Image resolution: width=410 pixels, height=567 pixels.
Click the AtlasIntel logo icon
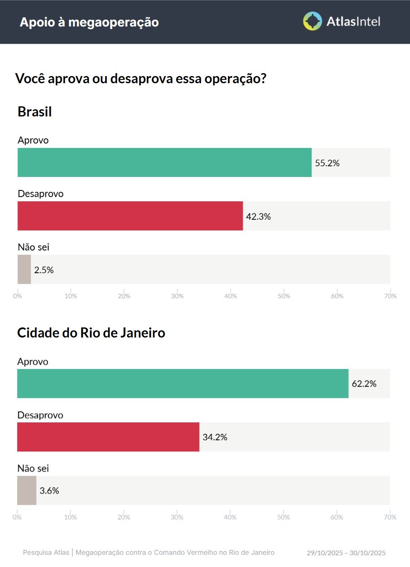pyautogui.click(x=312, y=21)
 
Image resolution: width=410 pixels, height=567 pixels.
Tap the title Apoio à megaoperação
pyautogui.click(x=89, y=22)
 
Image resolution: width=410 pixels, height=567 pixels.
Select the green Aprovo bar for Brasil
pyautogui.click(x=164, y=162)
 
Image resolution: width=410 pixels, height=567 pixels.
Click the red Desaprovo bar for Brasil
pyautogui.click(x=130, y=216)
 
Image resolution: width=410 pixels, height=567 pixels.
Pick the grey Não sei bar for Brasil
pyautogui.click(x=24, y=269)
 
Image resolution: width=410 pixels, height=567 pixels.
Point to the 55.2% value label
pyautogui.click(x=327, y=163)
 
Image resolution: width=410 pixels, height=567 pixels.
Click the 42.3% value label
pyautogui.click(x=258, y=216)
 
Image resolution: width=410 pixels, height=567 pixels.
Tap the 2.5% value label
pyautogui.click(x=44, y=270)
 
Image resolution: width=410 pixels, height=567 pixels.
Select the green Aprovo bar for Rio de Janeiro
pyautogui.click(x=183, y=383)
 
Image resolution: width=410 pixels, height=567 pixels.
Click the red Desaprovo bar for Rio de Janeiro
pyautogui.click(x=108, y=437)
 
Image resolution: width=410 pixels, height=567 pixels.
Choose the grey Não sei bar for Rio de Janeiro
pyautogui.click(x=26, y=491)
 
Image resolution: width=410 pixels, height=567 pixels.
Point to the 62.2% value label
pyautogui.click(x=364, y=384)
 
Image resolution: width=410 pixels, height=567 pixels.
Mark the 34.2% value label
pyautogui.click(x=215, y=437)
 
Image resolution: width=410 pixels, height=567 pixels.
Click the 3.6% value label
pyautogui.click(x=49, y=491)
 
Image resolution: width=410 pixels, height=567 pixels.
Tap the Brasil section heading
pyautogui.click(x=34, y=112)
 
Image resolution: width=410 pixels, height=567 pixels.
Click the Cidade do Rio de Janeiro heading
pyautogui.click(x=91, y=333)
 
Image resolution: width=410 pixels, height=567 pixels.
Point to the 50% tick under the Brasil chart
pyautogui.click(x=284, y=296)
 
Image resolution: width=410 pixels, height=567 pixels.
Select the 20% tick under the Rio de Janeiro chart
pyautogui.click(x=124, y=517)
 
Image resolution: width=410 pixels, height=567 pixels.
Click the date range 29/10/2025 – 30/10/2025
pyautogui.click(x=346, y=553)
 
